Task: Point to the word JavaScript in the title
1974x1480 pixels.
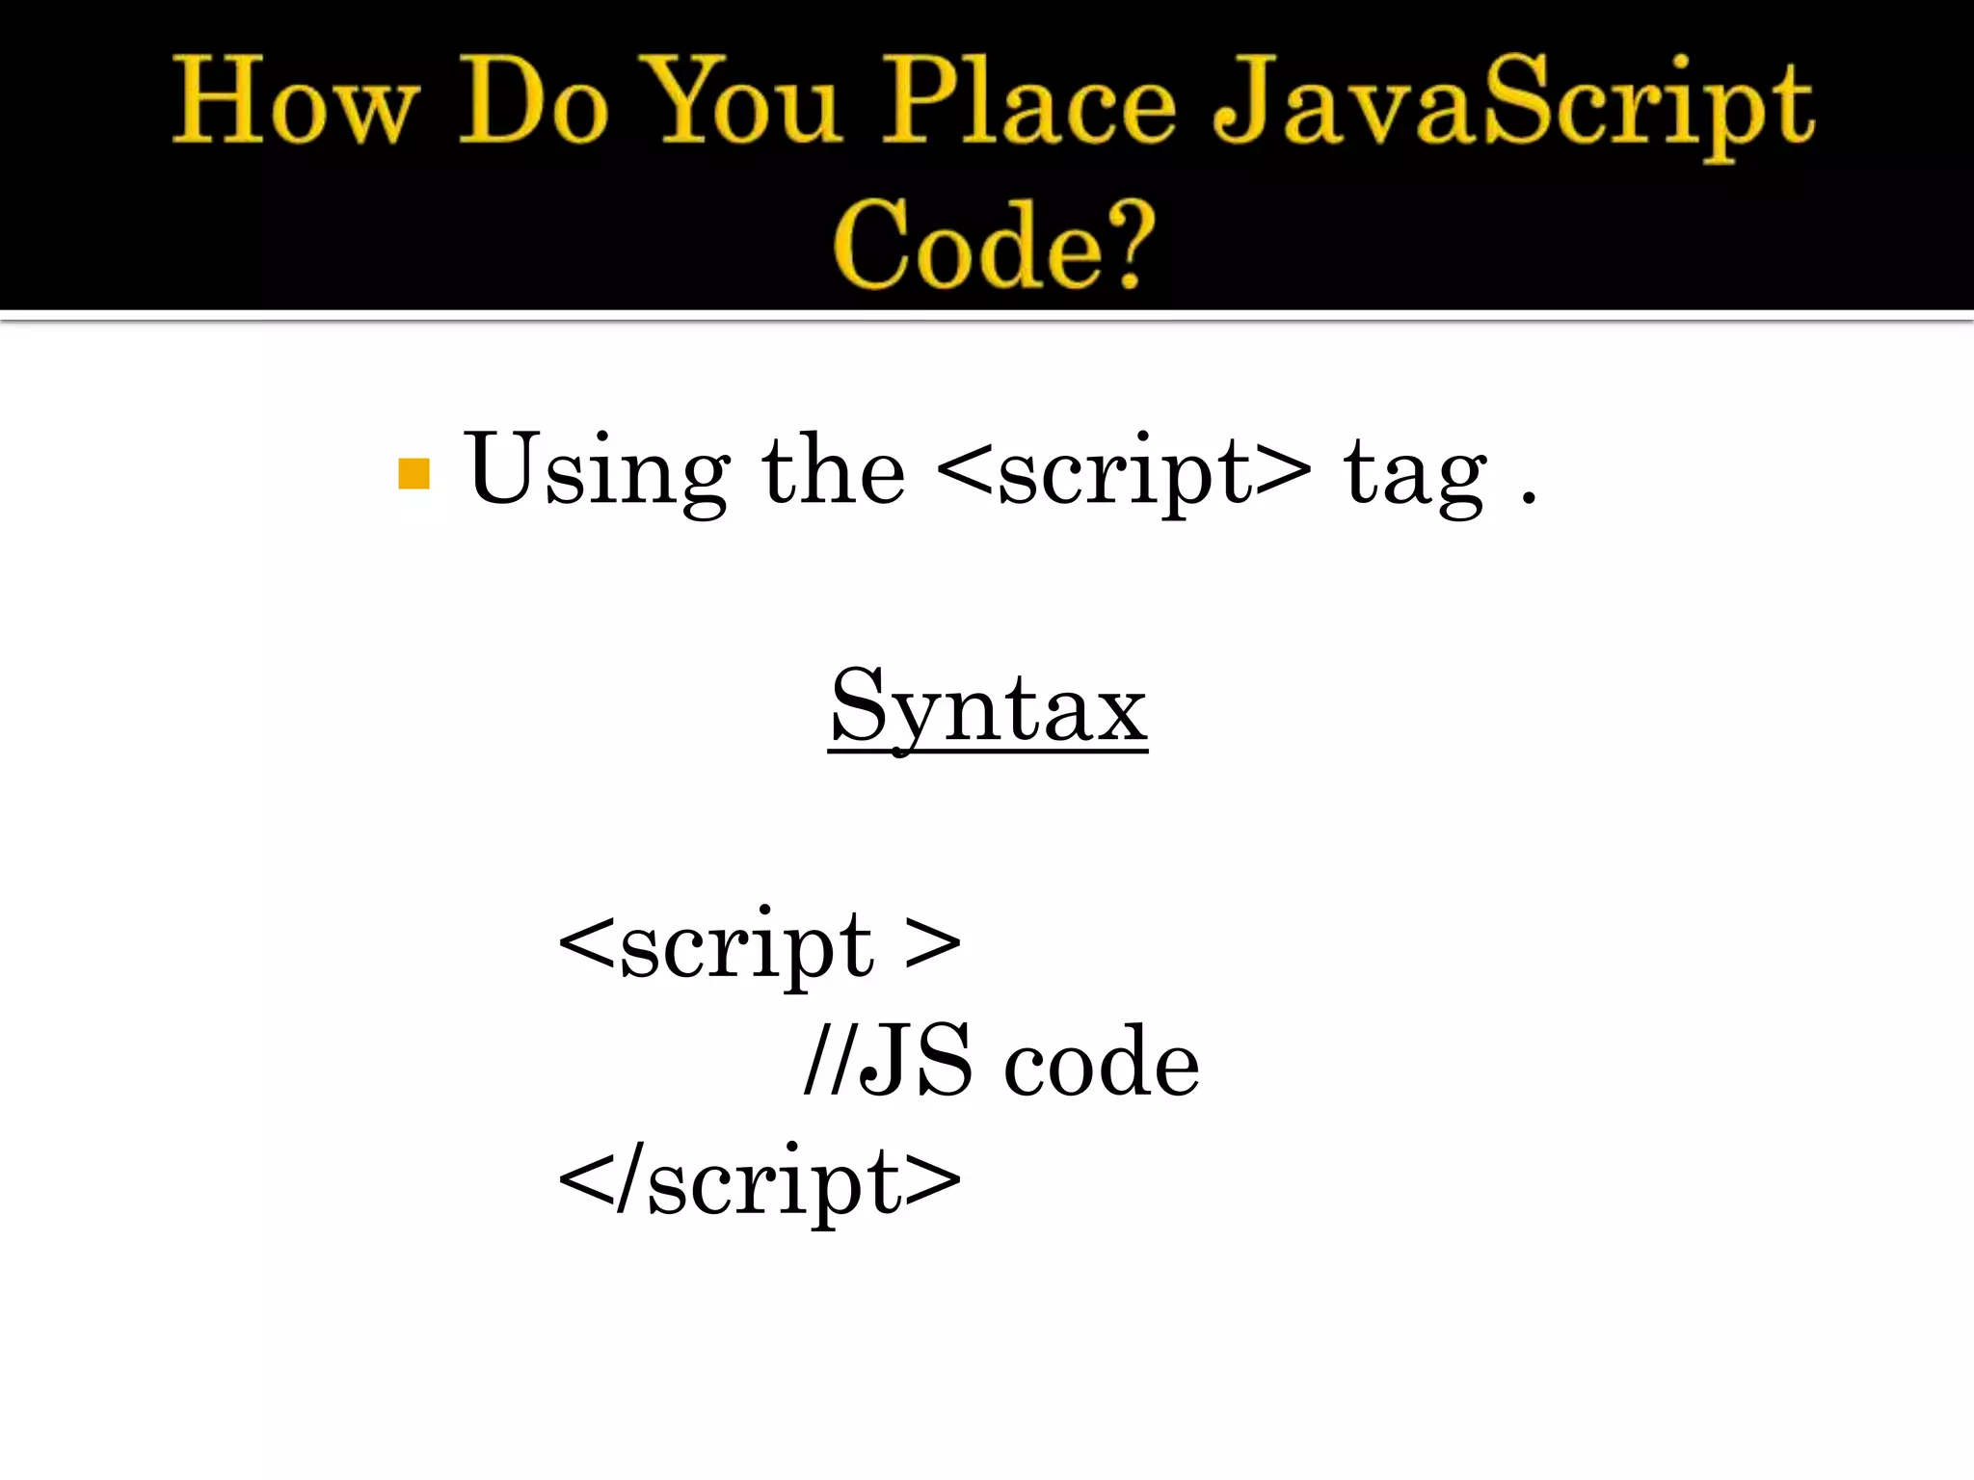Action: pos(1513,106)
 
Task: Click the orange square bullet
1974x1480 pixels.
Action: pos(413,474)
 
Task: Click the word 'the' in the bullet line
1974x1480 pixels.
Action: pos(833,470)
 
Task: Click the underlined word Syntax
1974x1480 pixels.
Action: pos(988,709)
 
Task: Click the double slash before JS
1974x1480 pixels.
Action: pos(828,1060)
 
